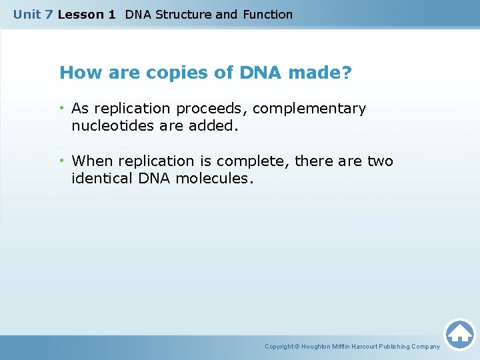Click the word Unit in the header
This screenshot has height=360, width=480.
27,14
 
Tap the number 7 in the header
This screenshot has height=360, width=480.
49,14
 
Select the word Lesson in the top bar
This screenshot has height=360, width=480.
77,14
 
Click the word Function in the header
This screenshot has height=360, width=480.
267,14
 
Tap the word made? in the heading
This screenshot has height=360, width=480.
319,73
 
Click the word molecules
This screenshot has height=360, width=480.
215,178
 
